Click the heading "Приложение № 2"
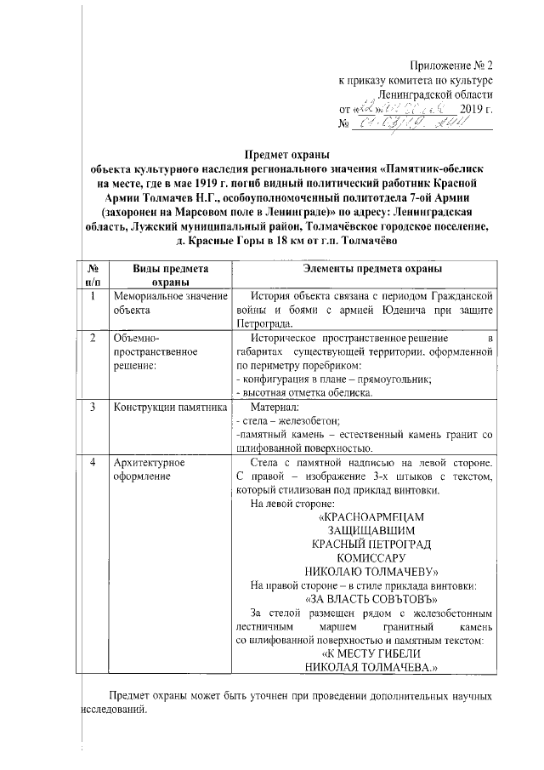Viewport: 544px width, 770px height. coord(450,66)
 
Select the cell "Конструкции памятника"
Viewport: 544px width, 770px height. coord(167,406)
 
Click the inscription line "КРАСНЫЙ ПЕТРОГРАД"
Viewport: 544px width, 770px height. coord(371,544)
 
